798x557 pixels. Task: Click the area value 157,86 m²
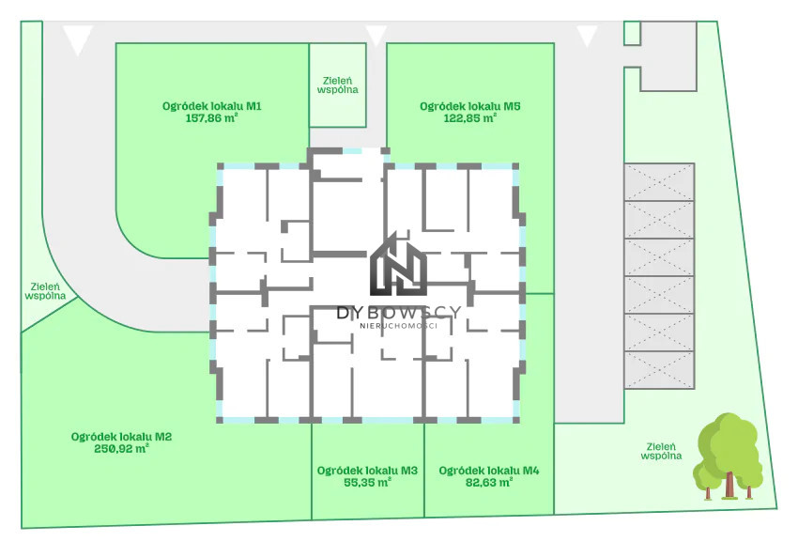(212, 118)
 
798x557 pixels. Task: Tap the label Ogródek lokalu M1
(212, 106)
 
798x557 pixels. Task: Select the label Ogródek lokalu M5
(469, 106)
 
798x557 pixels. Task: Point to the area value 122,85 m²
(469, 118)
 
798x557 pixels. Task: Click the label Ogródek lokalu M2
(121, 437)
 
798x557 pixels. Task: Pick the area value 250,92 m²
(121, 449)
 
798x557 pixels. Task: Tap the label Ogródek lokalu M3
(367, 471)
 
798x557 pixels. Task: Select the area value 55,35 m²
(367, 482)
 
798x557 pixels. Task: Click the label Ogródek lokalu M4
(488, 471)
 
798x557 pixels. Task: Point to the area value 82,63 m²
(488, 482)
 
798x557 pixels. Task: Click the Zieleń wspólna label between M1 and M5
(337, 85)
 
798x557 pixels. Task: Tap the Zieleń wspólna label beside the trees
(661, 451)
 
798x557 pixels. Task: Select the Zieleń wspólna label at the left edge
(45, 291)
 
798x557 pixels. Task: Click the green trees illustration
(729, 456)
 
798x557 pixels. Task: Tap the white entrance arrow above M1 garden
(78, 39)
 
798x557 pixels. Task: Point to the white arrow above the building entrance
(376, 36)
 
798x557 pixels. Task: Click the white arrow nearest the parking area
(587, 36)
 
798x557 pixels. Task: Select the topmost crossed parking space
(659, 182)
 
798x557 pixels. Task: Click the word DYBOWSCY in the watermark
(399, 312)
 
